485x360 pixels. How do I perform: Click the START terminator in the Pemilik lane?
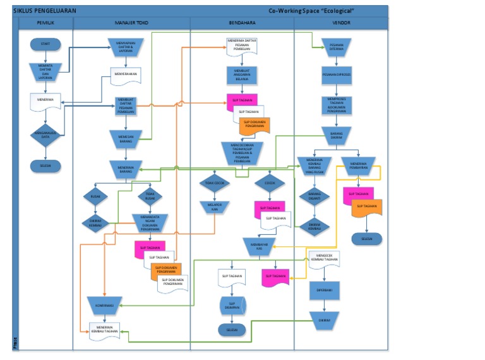pyautogui.click(x=45, y=44)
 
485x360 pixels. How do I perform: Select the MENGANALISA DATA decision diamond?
pyautogui.click(x=45, y=135)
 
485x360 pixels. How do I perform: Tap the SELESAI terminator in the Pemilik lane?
pyautogui.click(x=45, y=165)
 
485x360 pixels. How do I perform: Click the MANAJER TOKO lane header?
pyautogui.click(x=131, y=23)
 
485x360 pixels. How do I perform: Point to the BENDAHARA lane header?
pyautogui.click(x=242, y=23)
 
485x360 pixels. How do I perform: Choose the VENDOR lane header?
pyautogui.click(x=341, y=23)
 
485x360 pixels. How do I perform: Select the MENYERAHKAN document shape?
pyautogui.click(x=126, y=75)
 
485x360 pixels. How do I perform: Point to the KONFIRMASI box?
pyautogui.click(x=104, y=305)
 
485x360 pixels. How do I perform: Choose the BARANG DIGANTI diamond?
pyautogui.click(x=314, y=196)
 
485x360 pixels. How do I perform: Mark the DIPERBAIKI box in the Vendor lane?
pyautogui.click(x=324, y=290)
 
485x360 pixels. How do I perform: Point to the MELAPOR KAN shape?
pyautogui.click(x=215, y=207)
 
